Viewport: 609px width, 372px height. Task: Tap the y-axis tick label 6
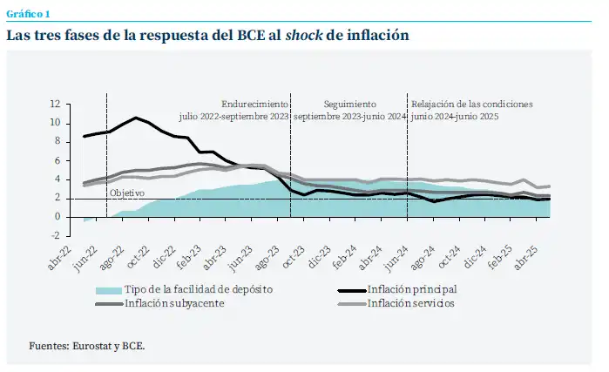pyautogui.click(x=56, y=160)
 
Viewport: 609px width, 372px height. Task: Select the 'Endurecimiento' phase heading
pyautogui.click(x=254, y=103)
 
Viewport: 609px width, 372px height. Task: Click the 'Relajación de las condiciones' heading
pyautogui.click(x=471, y=103)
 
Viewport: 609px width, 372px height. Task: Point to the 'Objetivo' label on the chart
pyautogui.click(x=126, y=193)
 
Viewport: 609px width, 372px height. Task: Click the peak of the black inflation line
pyautogui.click(x=136, y=118)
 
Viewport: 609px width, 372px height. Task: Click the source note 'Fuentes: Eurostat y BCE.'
pyautogui.click(x=87, y=345)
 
